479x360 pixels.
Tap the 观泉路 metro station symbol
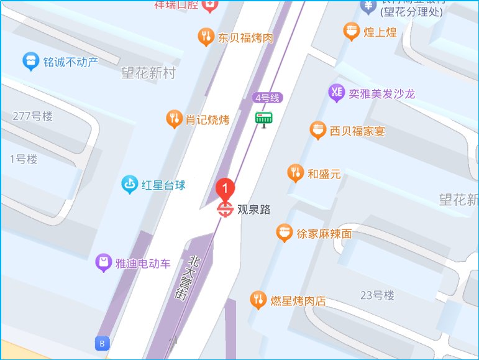click(x=225, y=210)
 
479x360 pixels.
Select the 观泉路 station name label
click(x=254, y=210)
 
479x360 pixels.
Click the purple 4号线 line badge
click(x=268, y=98)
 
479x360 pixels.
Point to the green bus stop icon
click(x=264, y=118)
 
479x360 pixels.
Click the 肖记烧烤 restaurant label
click(x=208, y=119)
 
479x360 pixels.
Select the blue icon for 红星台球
click(x=129, y=185)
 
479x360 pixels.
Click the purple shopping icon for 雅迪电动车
click(x=103, y=263)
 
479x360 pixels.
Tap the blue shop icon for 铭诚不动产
click(x=29, y=61)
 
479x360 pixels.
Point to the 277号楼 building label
click(x=33, y=116)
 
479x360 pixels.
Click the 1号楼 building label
click(x=24, y=159)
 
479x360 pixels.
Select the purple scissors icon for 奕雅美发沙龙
click(x=336, y=93)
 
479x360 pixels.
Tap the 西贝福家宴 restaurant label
click(x=357, y=131)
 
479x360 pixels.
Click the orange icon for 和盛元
click(x=296, y=173)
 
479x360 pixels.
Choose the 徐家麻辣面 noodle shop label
click(x=324, y=234)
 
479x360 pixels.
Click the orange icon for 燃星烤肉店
click(x=258, y=301)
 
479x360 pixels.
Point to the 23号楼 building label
click(x=377, y=295)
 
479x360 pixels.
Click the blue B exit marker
click(x=101, y=343)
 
